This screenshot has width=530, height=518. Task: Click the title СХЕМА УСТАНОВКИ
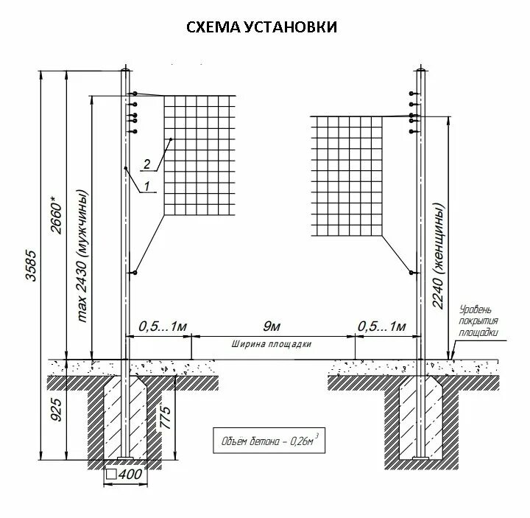[261, 27]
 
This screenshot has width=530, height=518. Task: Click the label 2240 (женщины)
[439, 250]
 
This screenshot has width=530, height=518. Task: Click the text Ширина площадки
[272, 344]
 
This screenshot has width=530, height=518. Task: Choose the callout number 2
[148, 164]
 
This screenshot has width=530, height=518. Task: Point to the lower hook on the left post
[135, 273]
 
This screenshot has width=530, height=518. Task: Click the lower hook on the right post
[410, 273]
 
